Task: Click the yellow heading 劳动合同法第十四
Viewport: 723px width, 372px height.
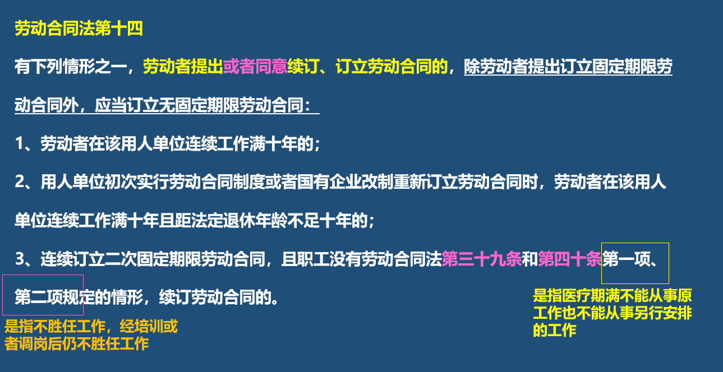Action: (79, 29)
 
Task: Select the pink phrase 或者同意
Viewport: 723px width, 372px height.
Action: (255, 67)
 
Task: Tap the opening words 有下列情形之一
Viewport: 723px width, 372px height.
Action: (71, 67)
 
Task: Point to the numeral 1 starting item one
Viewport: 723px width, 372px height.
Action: (20, 143)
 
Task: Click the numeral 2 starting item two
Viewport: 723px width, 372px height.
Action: (20, 182)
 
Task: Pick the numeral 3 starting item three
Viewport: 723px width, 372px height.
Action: (20, 259)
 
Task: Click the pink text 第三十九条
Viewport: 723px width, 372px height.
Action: (482, 259)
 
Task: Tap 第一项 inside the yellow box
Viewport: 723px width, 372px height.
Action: (626, 259)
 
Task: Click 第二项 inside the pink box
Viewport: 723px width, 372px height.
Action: (39, 297)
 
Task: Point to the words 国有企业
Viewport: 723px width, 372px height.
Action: (329, 182)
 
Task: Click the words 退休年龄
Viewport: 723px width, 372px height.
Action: (255, 221)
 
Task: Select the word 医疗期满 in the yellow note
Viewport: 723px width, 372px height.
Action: (594, 295)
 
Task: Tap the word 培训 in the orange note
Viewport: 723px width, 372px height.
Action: (149, 326)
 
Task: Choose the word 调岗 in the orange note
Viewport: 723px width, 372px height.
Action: (33, 343)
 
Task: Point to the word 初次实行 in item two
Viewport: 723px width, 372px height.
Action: (137, 182)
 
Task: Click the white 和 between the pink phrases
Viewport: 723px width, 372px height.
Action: (529, 259)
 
